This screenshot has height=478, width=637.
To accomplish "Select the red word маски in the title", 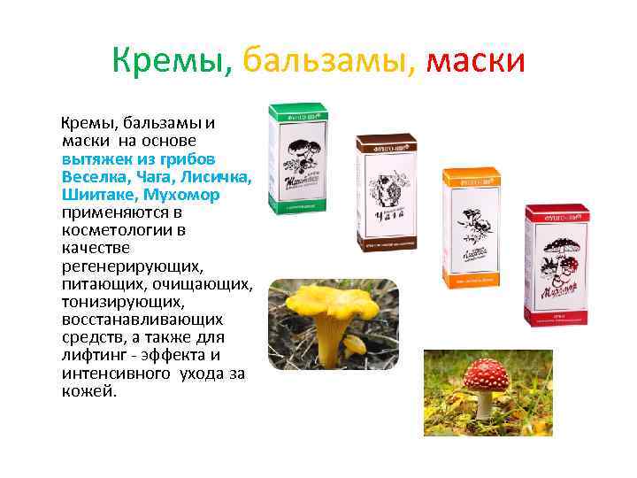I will pos(476,61).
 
